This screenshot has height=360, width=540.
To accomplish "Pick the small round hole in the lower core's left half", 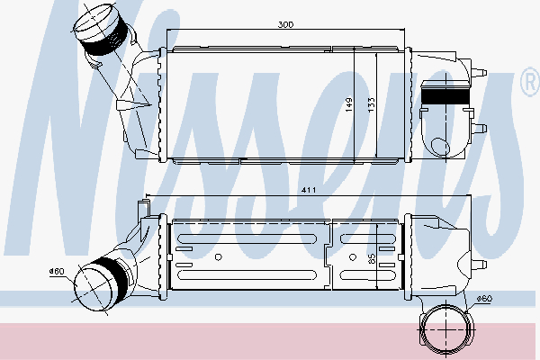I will pyautogui.click(x=219, y=258).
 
